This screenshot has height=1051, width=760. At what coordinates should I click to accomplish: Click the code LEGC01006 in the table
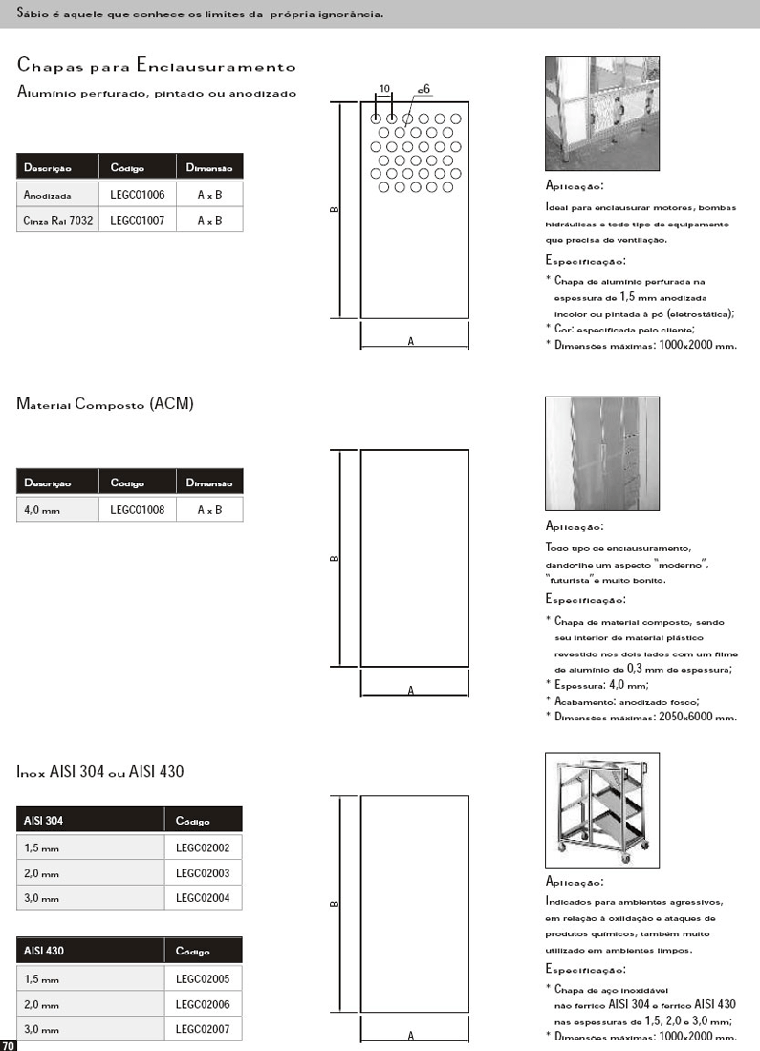tap(137, 194)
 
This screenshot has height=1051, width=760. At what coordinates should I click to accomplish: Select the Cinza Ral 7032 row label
tap(57, 220)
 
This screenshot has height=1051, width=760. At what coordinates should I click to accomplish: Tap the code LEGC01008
tap(137, 510)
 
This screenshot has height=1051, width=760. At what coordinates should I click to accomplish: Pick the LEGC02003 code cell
tap(203, 873)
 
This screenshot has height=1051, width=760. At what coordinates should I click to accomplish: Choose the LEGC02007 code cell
tap(203, 1029)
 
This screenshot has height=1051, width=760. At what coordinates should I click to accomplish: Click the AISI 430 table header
tap(44, 951)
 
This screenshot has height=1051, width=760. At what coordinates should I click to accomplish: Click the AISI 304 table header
tap(44, 820)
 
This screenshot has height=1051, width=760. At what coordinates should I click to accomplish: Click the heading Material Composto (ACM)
tap(105, 404)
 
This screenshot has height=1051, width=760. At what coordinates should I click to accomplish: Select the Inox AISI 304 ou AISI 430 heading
tap(100, 771)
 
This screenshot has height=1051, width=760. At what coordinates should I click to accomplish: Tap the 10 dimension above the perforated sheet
tap(384, 88)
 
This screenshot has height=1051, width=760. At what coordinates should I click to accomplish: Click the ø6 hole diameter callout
tap(423, 89)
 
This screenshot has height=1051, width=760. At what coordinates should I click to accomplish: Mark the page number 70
tap(8, 1044)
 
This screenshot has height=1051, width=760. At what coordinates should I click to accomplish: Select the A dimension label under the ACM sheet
tap(410, 690)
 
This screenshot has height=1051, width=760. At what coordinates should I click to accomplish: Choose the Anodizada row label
tap(48, 195)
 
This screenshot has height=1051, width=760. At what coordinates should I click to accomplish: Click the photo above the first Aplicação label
tap(601, 114)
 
